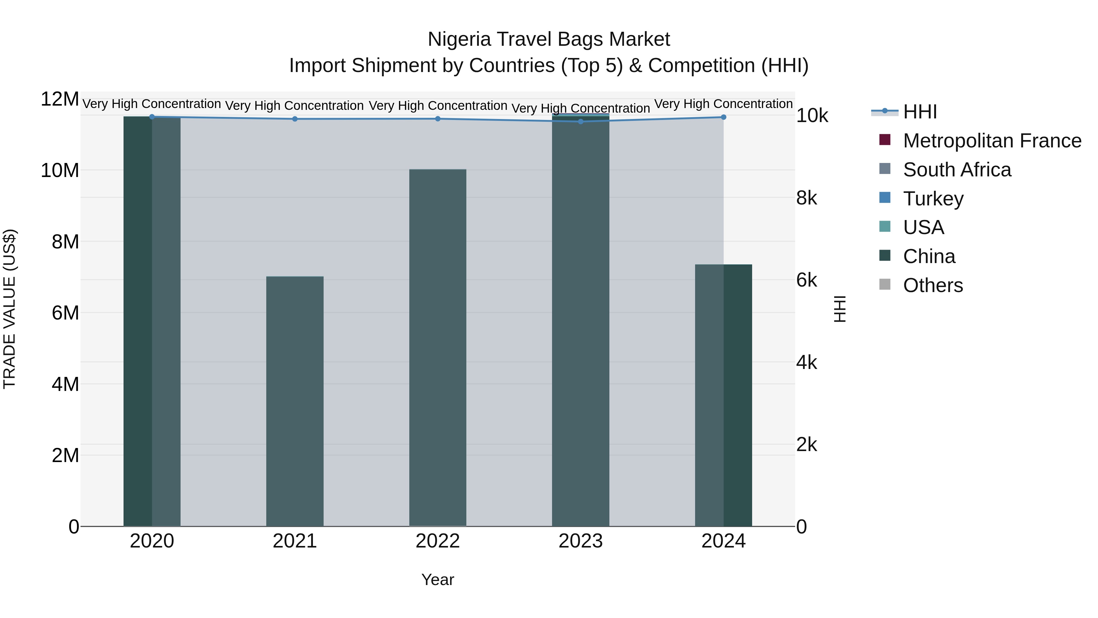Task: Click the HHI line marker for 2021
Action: pyautogui.click(x=295, y=119)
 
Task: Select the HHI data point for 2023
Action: pyautogui.click(x=580, y=121)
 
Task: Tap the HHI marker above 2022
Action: pyautogui.click(x=438, y=119)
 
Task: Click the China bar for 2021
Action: pyautogui.click(x=295, y=401)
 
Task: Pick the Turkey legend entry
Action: pyautogui.click(x=933, y=199)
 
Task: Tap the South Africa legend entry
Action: pyautogui.click(x=957, y=170)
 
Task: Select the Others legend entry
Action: pyautogui.click(x=933, y=285)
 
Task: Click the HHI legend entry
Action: pyautogui.click(x=920, y=112)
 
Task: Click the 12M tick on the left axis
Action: pyautogui.click(x=60, y=99)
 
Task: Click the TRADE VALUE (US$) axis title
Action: pyautogui.click(x=10, y=309)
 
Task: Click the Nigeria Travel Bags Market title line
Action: pyautogui.click(x=549, y=39)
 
